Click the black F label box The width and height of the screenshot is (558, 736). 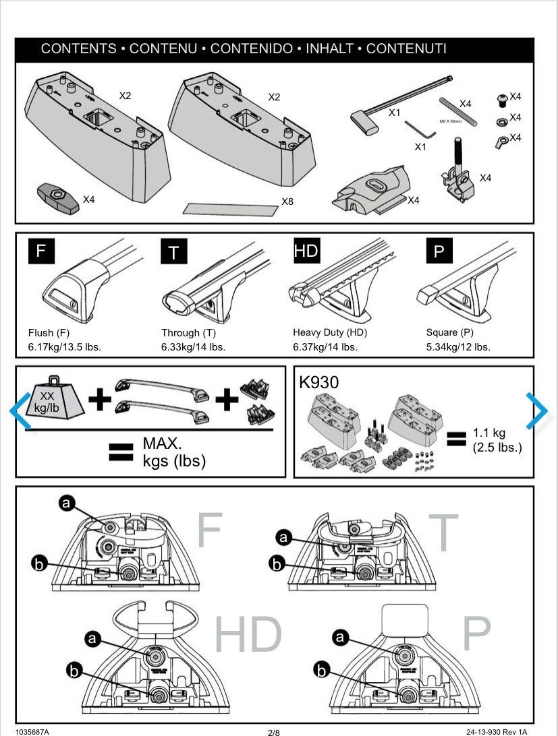[40, 251]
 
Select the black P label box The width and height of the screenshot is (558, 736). [439, 251]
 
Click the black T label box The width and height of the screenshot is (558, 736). [174, 252]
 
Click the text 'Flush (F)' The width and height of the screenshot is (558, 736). [49, 332]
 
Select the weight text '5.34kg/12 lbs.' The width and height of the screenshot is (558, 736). [458, 347]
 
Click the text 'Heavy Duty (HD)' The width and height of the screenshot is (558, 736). [330, 332]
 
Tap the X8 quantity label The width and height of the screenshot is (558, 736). [287, 201]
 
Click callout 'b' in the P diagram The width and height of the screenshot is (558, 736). [323, 670]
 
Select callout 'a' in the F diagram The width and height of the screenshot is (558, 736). [66, 503]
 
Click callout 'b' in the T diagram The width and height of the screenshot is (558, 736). [277, 563]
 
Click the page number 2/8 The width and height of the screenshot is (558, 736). [274, 731]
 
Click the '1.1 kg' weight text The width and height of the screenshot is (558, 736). [489, 433]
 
